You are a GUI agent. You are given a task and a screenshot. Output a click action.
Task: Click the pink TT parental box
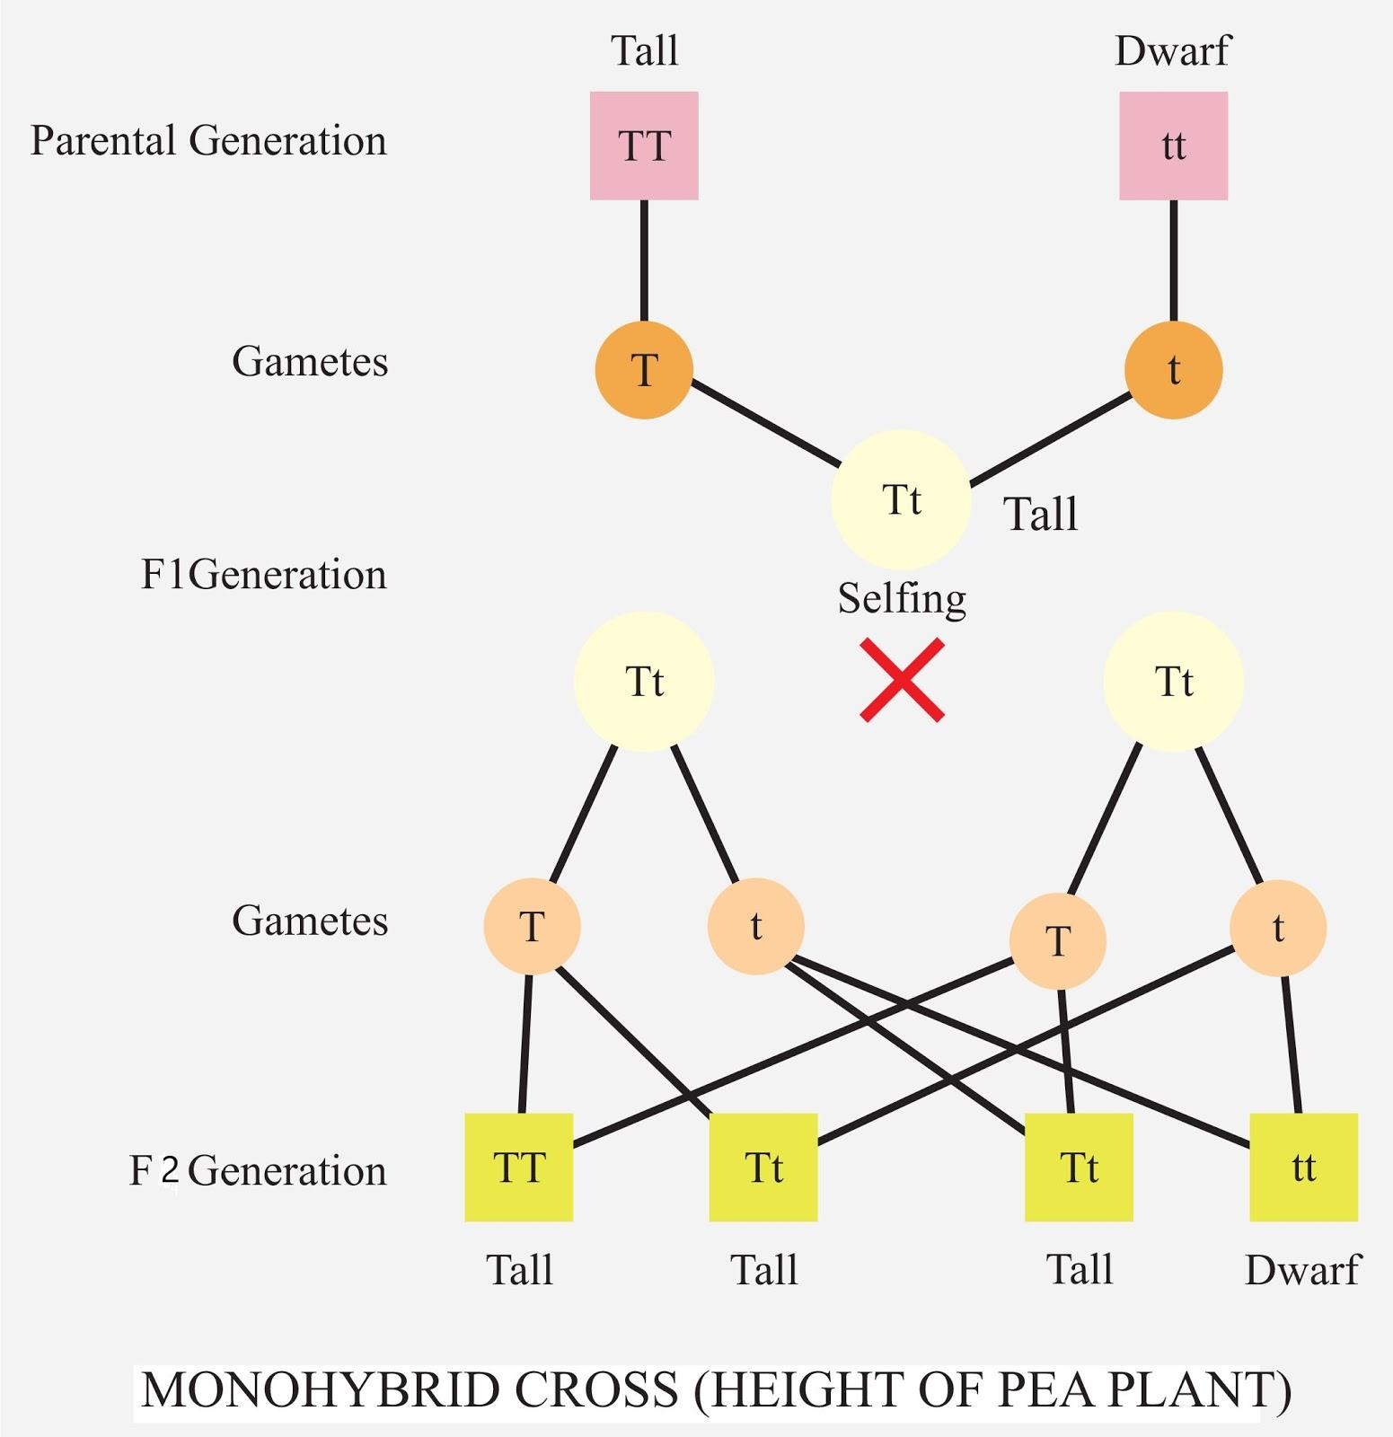644,145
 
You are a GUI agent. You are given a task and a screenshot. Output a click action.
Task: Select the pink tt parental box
1173,145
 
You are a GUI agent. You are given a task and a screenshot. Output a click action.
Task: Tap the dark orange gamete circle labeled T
644,370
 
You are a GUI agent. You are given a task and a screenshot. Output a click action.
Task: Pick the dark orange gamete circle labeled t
1173,370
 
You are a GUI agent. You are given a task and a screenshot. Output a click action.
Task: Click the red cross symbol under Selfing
902,680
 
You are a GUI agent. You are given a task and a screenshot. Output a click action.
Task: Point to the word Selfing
902,598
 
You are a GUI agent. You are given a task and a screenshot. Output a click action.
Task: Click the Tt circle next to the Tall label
901,499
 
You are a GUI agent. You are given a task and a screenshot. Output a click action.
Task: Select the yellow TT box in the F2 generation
518,1168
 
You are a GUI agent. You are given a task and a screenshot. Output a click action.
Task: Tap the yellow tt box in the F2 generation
1303,1168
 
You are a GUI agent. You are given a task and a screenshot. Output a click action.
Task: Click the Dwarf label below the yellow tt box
1302,1270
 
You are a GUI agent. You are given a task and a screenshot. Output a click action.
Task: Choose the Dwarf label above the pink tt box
1172,51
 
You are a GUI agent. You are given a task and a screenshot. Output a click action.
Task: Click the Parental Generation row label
208,141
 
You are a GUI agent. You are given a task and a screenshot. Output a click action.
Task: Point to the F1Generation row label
263,575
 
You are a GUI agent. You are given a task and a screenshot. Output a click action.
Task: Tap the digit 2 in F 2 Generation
170,1170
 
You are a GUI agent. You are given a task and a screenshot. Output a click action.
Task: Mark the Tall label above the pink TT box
644,51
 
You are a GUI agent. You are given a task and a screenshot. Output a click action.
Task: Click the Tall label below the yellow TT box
519,1270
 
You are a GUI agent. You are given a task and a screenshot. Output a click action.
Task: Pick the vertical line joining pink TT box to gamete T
644,260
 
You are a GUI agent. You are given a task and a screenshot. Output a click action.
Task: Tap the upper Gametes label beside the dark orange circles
310,362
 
